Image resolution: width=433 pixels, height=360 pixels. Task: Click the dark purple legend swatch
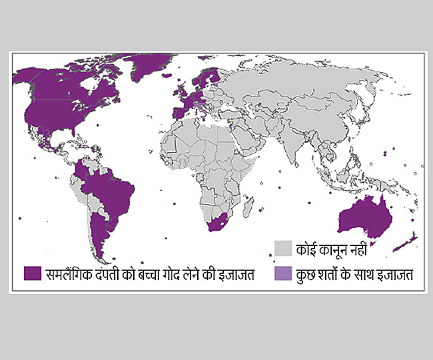(x=32, y=273)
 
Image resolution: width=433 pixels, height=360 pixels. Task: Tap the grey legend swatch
(x=283, y=248)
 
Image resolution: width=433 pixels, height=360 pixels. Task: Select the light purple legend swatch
(x=283, y=273)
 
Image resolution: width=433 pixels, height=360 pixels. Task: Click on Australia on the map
(x=366, y=217)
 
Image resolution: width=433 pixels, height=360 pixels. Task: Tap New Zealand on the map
(x=406, y=241)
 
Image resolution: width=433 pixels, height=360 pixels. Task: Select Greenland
(x=147, y=63)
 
